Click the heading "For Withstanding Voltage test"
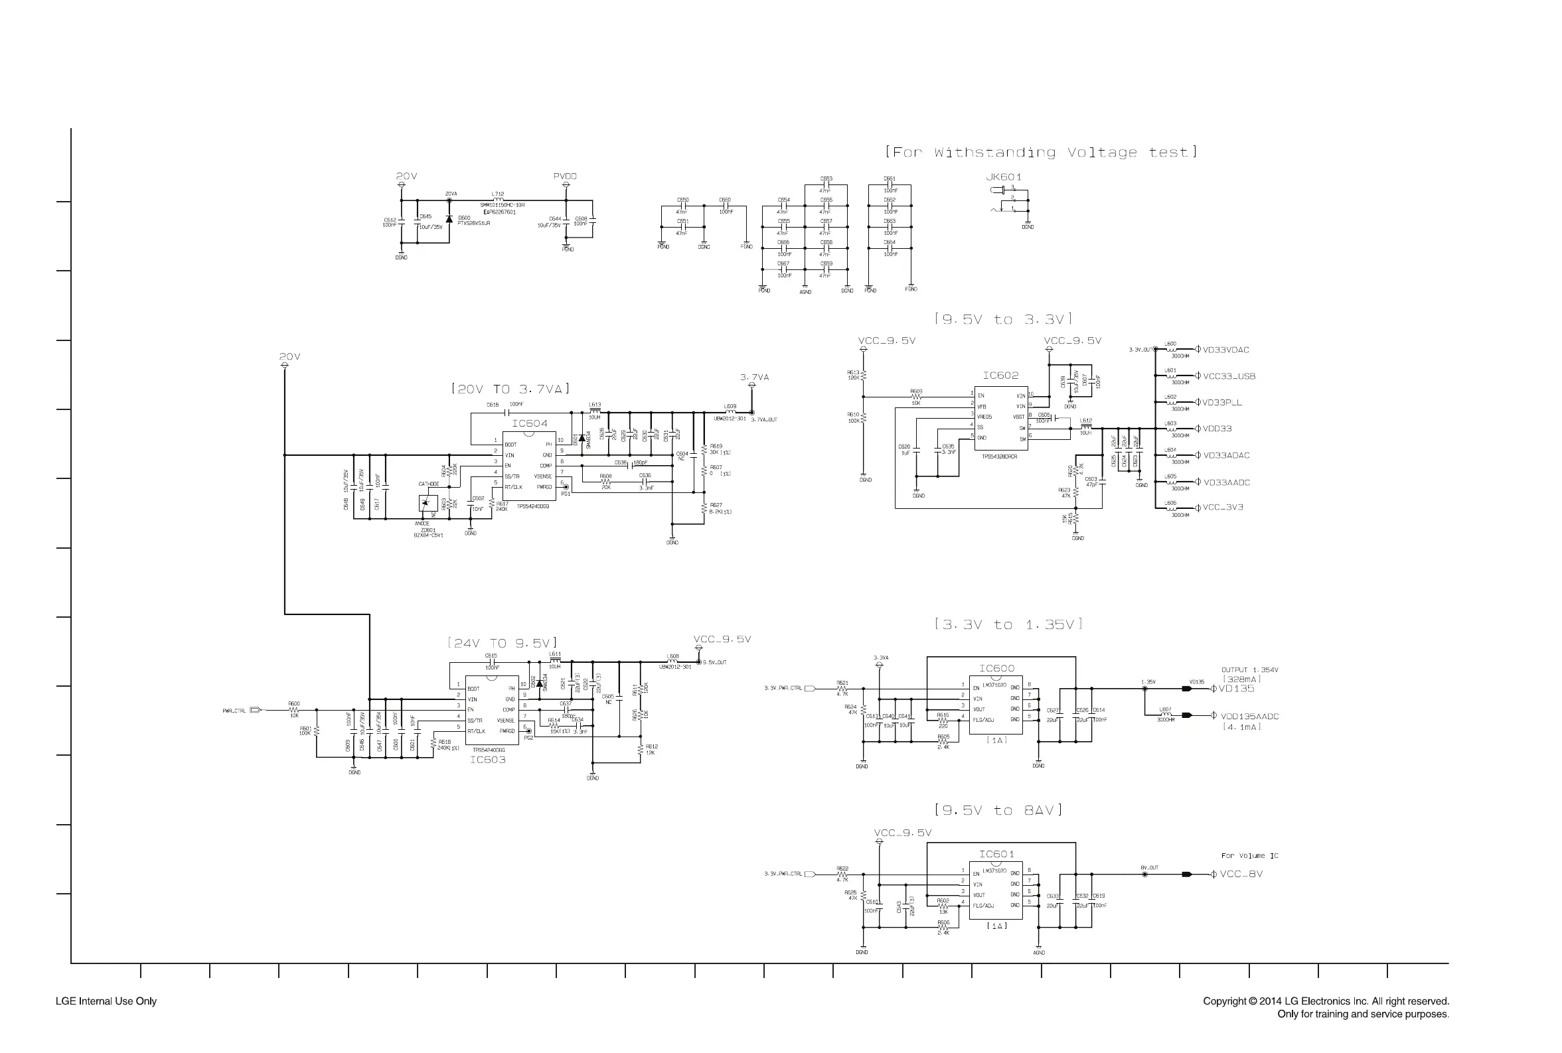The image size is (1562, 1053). pos(1041,153)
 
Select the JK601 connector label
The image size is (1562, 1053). pos(1003,177)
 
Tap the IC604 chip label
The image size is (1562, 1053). pos(529,424)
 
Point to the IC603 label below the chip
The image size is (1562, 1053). pos(487,760)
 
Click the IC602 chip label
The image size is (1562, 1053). pos(1000,376)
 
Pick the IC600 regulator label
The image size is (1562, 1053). pos(996,668)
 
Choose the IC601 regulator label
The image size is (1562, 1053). pos(996,854)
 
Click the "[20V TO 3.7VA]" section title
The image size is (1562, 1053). pos(510,389)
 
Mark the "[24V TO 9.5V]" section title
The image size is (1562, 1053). pos(503,644)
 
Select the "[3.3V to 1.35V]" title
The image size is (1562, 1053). pos(1008,624)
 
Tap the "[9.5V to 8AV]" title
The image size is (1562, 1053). pos(998,811)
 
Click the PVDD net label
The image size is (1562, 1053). pos(565,176)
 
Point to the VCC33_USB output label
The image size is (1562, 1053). pos(1229,377)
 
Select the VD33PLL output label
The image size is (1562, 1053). pos(1222,403)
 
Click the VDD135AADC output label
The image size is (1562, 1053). pos(1249,717)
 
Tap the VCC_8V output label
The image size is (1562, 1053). pos(1241,875)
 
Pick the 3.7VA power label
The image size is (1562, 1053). pos(755,378)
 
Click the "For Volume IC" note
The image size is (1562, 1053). pos(1249,856)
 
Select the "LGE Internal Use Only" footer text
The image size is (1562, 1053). pos(106,1001)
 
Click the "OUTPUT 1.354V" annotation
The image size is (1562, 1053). pos(1249,670)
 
